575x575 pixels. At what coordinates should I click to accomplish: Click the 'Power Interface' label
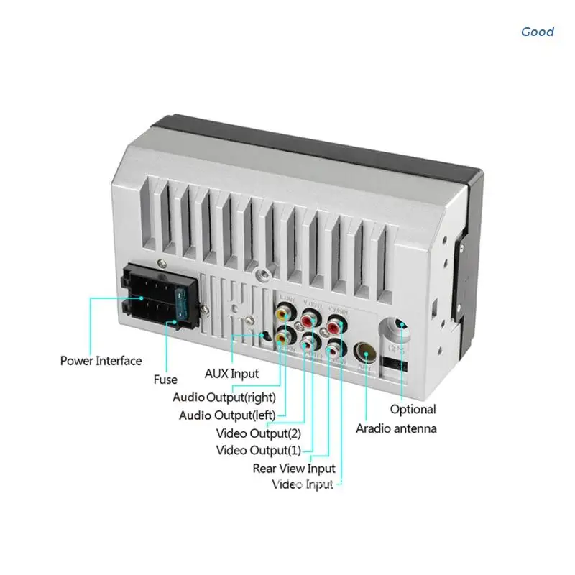click(x=101, y=361)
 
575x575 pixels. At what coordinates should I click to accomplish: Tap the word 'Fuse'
click(x=165, y=380)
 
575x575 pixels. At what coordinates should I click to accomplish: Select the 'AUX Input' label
click(x=231, y=374)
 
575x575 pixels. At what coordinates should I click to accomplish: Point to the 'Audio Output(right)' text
click(x=224, y=397)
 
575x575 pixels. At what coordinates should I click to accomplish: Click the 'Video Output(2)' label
click(x=259, y=433)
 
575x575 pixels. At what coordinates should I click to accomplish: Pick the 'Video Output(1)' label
click(x=259, y=451)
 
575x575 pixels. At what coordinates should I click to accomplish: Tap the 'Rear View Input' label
click(x=294, y=469)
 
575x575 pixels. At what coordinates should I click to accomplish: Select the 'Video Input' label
click(x=303, y=484)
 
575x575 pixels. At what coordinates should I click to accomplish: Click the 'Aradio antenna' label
click(x=396, y=428)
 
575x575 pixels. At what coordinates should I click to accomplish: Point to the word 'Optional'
click(x=413, y=409)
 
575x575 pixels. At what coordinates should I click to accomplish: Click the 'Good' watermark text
click(x=538, y=32)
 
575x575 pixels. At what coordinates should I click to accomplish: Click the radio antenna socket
click(x=365, y=352)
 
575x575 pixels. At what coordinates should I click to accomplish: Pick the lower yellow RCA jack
click(x=285, y=336)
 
